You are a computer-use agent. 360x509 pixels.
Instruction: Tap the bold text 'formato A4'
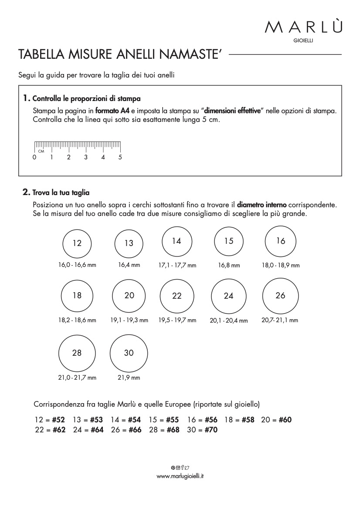pyautogui.click(x=112, y=111)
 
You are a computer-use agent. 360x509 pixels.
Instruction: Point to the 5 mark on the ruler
pyautogui.click(x=120, y=158)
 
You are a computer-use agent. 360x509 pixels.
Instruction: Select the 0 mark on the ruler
pyautogui.click(x=34, y=158)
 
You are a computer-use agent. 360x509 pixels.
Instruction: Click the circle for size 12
pyautogui.click(x=77, y=243)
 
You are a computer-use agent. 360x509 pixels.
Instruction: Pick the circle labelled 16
pyautogui.click(x=280, y=241)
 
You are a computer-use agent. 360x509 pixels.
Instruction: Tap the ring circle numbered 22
pyautogui.click(x=177, y=296)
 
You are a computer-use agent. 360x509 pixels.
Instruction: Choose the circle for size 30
pyautogui.click(x=129, y=353)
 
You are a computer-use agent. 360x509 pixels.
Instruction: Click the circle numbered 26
pyautogui.click(x=280, y=296)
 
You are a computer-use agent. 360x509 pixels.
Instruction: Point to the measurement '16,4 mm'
pyautogui.click(x=129, y=265)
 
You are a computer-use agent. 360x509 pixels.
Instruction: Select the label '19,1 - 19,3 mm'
pyautogui.click(x=129, y=320)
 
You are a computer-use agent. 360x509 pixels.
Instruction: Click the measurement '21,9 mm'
pyautogui.click(x=129, y=378)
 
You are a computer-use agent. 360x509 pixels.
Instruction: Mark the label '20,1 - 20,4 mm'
pyautogui.click(x=228, y=320)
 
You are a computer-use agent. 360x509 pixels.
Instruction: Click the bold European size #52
pyautogui.click(x=58, y=420)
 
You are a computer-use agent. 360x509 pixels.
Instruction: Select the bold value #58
pyautogui.click(x=248, y=420)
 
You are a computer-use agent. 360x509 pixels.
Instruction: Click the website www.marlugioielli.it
pyautogui.click(x=180, y=476)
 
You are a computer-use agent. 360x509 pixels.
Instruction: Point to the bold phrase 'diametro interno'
pyautogui.click(x=262, y=204)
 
